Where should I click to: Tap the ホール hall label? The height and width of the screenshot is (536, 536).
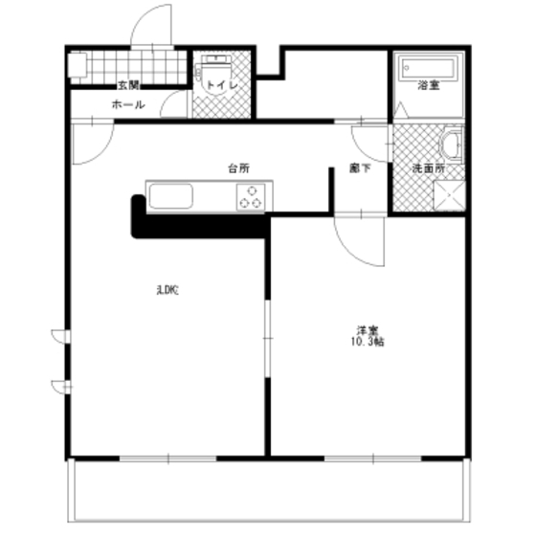click(128, 104)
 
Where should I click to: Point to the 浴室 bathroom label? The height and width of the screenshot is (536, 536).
click(428, 86)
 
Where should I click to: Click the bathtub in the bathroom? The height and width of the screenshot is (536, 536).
click(429, 68)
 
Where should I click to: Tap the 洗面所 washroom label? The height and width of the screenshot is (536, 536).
click(428, 168)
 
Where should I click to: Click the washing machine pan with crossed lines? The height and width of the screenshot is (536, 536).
click(447, 196)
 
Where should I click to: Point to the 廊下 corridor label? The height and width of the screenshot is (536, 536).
click(359, 168)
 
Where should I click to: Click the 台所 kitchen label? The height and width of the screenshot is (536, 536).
click(238, 168)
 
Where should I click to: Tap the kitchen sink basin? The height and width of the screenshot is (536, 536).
click(172, 198)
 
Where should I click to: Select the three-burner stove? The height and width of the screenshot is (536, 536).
click(251, 198)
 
